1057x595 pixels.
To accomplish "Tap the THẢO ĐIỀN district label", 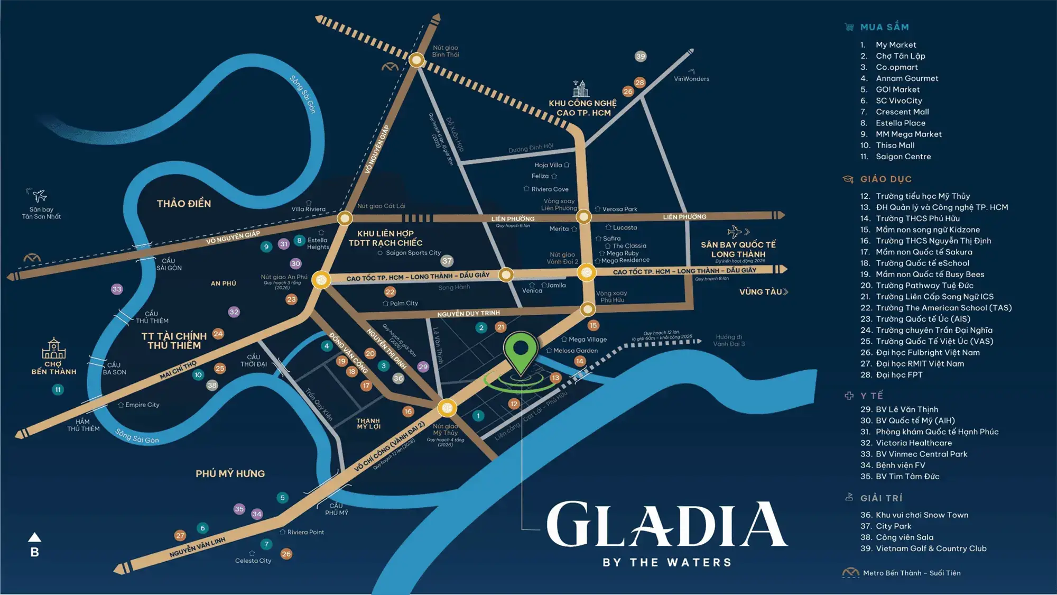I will pyautogui.click(x=183, y=204).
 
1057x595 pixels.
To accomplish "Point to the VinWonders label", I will pyautogui.click(x=691, y=79).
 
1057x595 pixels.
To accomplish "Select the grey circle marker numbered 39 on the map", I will pyautogui.click(x=641, y=56).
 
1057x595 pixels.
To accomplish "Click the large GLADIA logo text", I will pyautogui.click(x=666, y=525).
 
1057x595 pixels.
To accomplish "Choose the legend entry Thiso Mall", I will pyautogui.click(x=895, y=145).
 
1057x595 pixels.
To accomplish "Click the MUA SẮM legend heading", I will pyautogui.click(x=884, y=27).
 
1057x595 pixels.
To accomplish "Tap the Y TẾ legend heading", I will pyautogui.click(x=871, y=396).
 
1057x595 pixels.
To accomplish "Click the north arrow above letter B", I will pyautogui.click(x=34, y=537).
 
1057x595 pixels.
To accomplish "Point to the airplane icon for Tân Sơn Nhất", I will pyautogui.click(x=38, y=195).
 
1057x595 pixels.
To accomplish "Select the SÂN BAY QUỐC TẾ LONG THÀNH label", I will pyautogui.click(x=738, y=249).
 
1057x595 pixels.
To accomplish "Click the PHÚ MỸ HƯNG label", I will pyautogui.click(x=230, y=474).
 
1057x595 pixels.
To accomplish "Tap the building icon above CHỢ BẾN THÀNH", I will pyautogui.click(x=53, y=349).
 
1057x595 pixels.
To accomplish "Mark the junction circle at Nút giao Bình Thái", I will pyautogui.click(x=416, y=60).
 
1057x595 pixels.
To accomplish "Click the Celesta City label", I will pyautogui.click(x=253, y=561).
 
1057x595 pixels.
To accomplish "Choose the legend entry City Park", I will pyautogui.click(x=893, y=526).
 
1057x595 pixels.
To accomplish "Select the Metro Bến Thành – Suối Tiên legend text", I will pyautogui.click(x=912, y=573).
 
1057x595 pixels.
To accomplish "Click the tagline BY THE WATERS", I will pyautogui.click(x=667, y=562).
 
